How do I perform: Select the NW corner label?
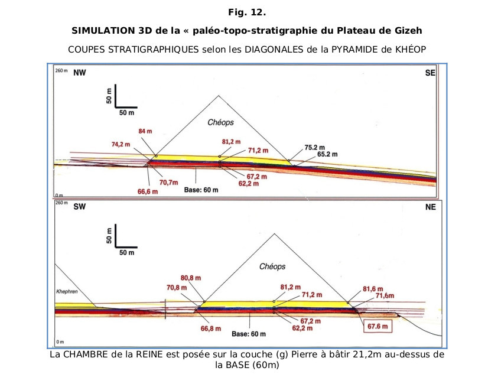(80, 74)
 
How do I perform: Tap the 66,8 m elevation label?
(211, 328)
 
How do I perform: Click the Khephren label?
(67, 291)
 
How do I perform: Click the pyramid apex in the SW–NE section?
(274, 234)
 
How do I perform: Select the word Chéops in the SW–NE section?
(272, 266)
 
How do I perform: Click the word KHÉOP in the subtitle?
(406, 49)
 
